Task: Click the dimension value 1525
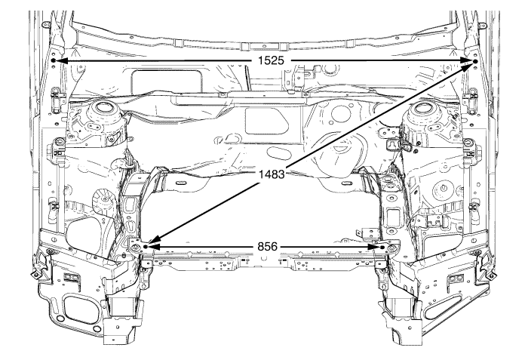[x=269, y=60]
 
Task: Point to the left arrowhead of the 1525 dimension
[x=61, y=60]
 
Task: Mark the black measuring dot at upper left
[x=54, y=60]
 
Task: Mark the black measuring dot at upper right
[x=475, y=60]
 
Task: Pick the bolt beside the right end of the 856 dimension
[x=391, y=247]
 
